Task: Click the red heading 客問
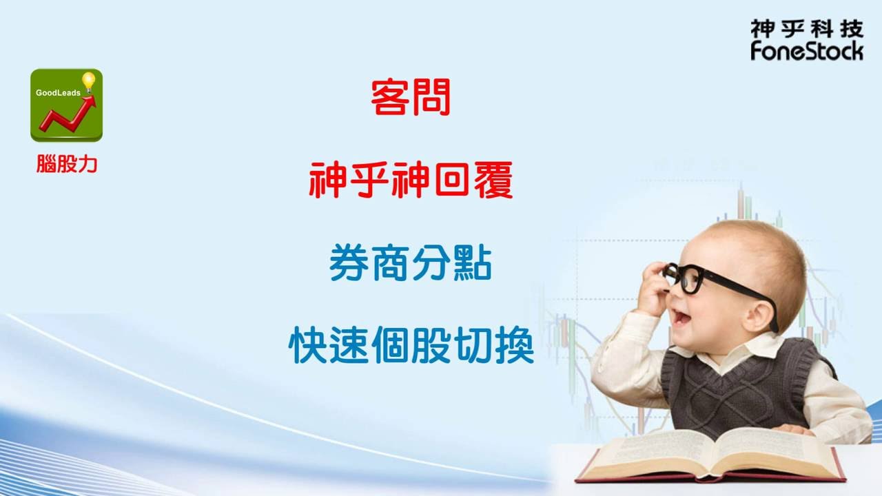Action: point(410,97)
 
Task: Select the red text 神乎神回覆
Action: point(411,180)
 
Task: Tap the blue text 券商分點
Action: point(410,265)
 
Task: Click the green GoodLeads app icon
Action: point(66,105)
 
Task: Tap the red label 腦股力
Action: point(67,164)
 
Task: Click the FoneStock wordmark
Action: point(807,50)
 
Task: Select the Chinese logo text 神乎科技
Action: point(807,28)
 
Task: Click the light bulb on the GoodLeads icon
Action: point(88,81)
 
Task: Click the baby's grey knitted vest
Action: point(737,386)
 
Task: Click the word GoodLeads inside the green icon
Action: point(58,92)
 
